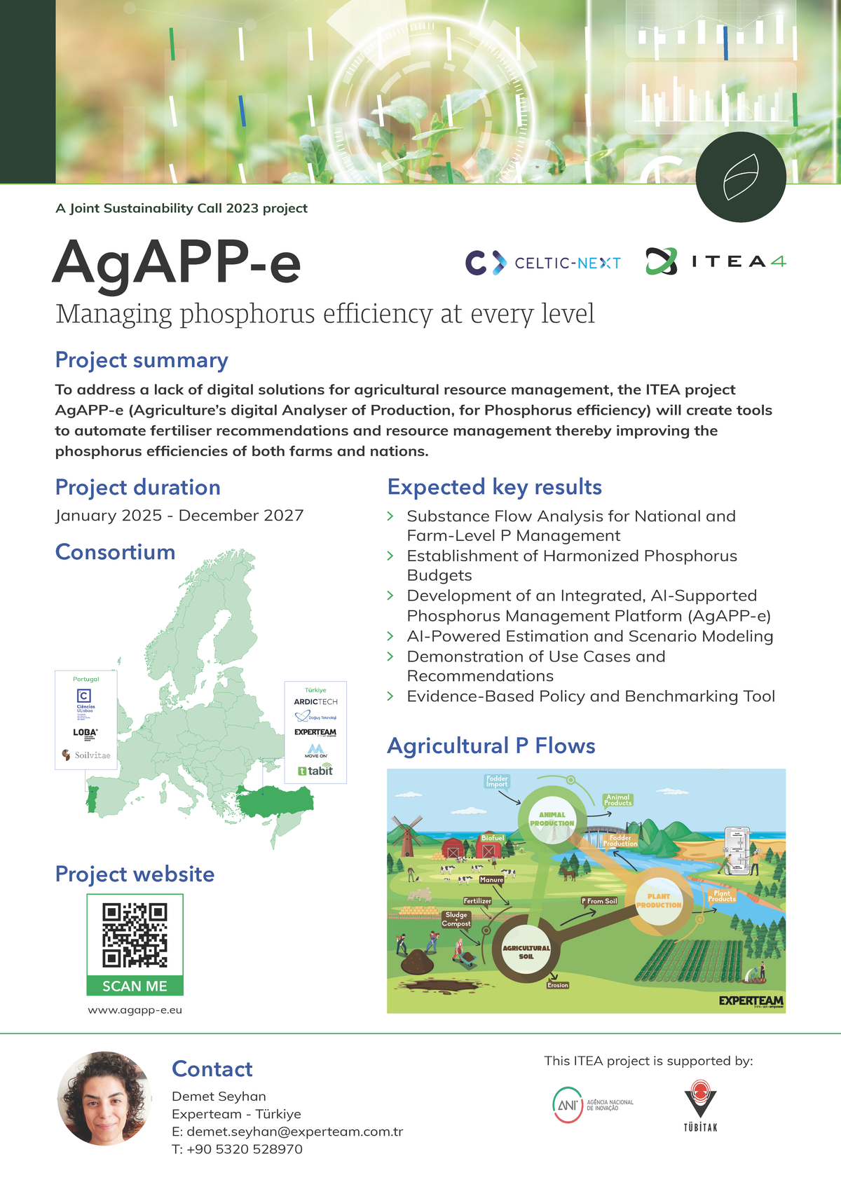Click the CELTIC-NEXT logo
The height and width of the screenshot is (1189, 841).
(x=543, y=263)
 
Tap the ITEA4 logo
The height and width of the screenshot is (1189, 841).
(x=716, y=261)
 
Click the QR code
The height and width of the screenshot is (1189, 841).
(x=135, y=935)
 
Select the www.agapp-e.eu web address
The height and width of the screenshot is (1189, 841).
(x=135, y=1010)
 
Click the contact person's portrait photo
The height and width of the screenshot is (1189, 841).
(x=104, y=1098)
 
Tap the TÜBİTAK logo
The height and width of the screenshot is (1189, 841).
(x=700, y=1106)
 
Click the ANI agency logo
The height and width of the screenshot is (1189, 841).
(x=593, y=1105)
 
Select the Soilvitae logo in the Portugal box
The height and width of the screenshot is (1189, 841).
(x=86, y=755)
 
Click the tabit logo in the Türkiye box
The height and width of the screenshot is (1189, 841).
(x=315, y=771)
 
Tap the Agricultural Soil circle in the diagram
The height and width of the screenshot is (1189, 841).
(x=526, y=951)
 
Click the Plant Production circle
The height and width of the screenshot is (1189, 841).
(x=659, y=901)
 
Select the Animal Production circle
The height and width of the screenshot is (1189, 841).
(x=552, y=818)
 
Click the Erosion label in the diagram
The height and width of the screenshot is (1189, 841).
(x=558, y=985)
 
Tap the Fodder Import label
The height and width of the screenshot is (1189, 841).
(x=497, y=781)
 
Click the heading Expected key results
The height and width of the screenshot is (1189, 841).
(x=494, y=487)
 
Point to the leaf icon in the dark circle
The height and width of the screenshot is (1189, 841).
(x=741, y=177)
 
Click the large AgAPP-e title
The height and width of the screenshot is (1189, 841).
(x=177, y=263)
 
